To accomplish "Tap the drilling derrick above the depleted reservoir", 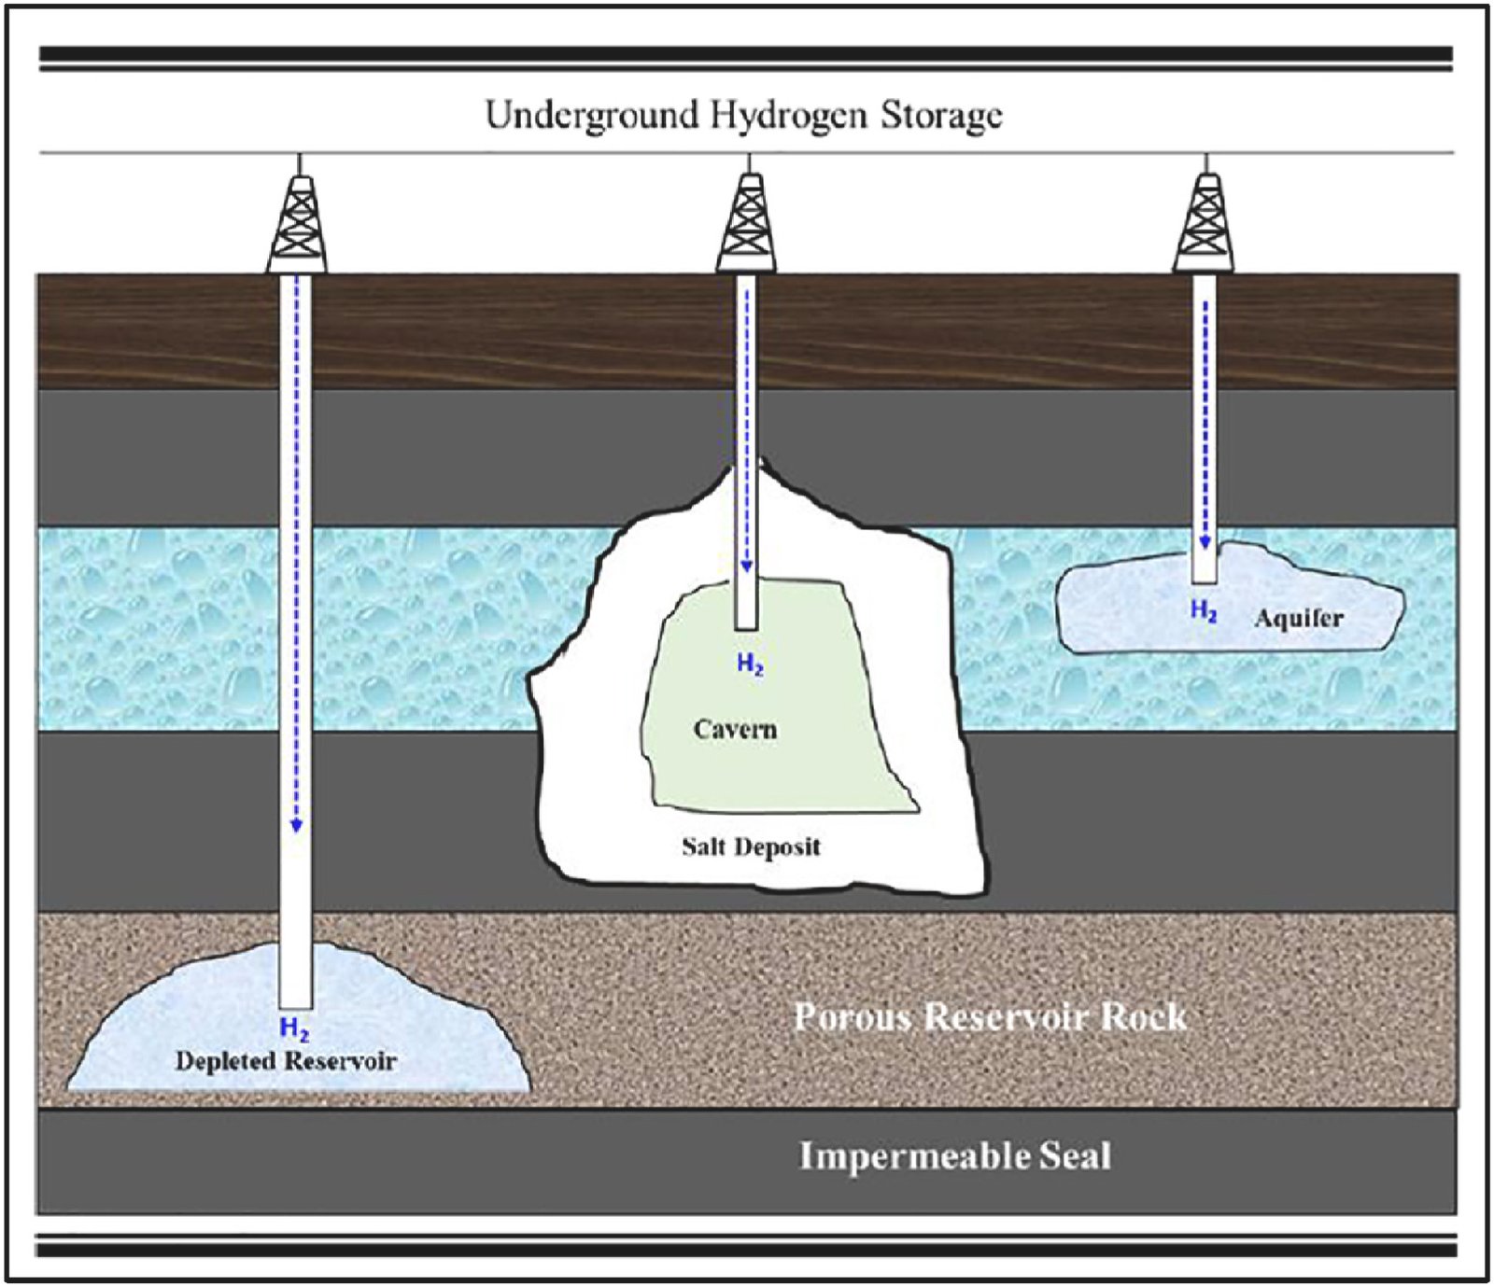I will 298,224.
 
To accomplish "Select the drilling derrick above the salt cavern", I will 746,224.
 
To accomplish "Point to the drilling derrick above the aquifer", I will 1205,224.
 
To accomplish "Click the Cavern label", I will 735,729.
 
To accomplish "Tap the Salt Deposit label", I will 751,847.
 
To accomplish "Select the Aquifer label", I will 1299,618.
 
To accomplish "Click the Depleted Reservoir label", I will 286,1061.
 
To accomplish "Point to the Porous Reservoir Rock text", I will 990,1016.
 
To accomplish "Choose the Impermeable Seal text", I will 954,1156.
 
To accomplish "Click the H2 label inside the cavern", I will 750,664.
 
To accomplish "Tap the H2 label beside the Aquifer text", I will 1204,611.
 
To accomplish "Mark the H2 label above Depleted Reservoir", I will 294,1029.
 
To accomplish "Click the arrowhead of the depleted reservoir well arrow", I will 296,825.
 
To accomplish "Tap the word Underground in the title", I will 592,116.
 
